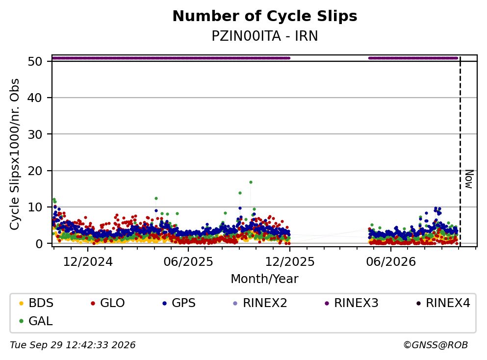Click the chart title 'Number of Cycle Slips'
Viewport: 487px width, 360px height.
click(x=265, y=16)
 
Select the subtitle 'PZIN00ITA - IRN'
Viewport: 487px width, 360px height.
click(x=265, y=36)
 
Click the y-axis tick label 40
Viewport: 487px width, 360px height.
click(x=35, y=98)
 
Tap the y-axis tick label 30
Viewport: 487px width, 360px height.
click(x=35, y=134)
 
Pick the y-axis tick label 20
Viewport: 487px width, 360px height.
click(x=35, y=171)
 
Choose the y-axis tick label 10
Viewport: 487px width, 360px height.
click(x=35, y=207)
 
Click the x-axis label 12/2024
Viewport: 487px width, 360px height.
click(x=88, y=262)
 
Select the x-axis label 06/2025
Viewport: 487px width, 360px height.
click(x=188, y=262)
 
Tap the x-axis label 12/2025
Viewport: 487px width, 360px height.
click(x=290, y=262)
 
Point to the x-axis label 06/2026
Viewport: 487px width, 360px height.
click(x=391, y=262)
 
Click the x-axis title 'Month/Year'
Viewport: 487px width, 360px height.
click(x=265, y=279)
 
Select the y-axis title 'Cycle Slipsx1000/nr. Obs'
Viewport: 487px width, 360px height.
click(x=15, y=154)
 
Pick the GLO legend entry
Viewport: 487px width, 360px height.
click(x=107, y=303)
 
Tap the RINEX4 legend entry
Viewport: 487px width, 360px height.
click(x=443, y=303)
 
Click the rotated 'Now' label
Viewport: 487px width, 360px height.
click(x=469, y=179)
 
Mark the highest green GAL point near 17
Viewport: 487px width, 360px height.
click(x=251, y=182)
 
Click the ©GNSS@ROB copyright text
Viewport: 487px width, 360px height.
click(x=436, y=345)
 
